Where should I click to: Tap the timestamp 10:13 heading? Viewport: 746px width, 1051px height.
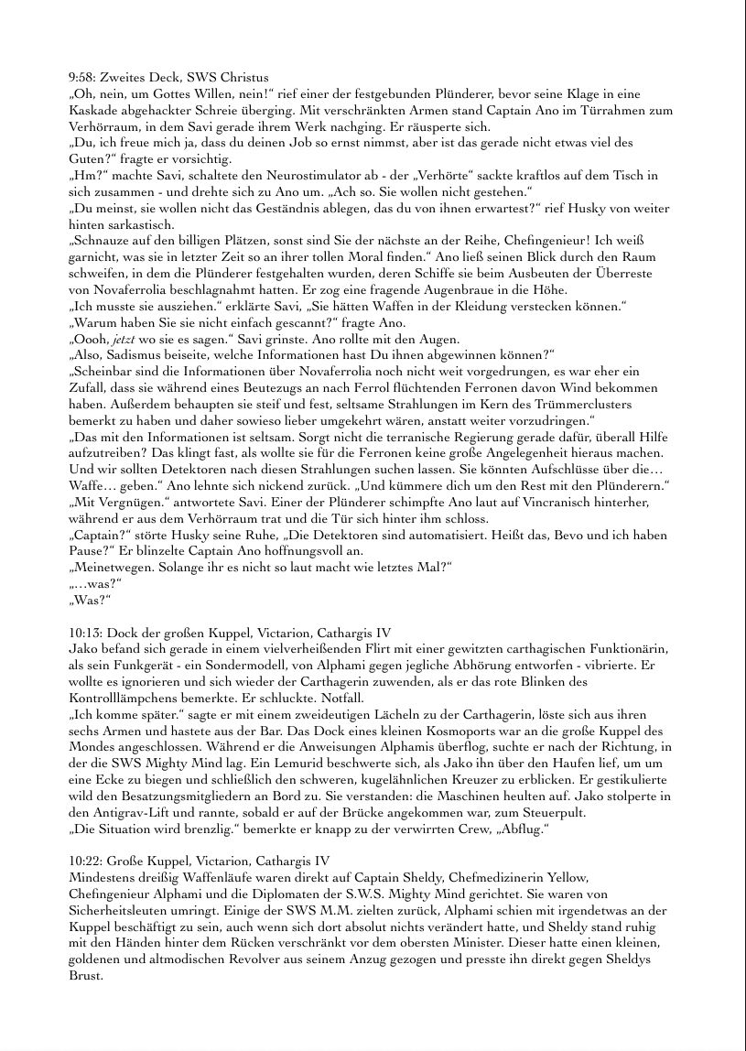83,632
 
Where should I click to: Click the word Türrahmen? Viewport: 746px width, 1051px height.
631,110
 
